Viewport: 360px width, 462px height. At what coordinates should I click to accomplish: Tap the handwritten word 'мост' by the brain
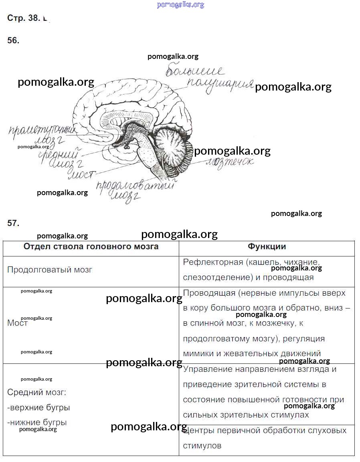click(82, 175)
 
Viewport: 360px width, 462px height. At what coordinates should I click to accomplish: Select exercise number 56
click(13, 40)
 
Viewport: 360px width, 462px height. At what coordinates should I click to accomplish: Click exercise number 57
click(13, 223)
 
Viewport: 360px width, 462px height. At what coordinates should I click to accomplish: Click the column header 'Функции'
click(267, 246)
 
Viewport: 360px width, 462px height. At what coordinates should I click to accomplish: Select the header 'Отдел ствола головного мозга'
click(91, 246)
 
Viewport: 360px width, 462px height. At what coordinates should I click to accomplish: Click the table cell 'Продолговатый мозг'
click(50, 270)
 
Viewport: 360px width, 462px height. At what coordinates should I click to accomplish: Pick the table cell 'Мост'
click(17, 323)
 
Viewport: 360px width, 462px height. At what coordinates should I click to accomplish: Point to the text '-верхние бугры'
click(38, 408)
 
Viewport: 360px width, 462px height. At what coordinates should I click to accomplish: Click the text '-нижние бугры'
click(37, 422)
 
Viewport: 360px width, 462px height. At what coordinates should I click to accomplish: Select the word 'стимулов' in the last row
click(202, 446)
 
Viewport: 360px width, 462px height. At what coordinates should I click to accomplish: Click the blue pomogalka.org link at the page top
click(180, 5)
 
